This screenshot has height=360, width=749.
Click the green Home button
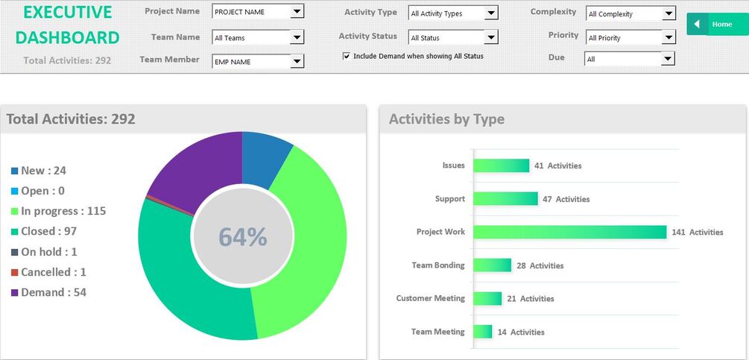tap(716, 25)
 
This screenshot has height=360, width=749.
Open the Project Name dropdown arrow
tap(297, 12)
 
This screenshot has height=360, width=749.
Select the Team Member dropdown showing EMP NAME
tap(258, 62)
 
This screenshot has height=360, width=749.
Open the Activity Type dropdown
tap(453, 13)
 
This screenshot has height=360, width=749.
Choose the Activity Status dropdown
tap(453, 37)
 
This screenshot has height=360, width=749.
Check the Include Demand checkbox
tap(347, 56)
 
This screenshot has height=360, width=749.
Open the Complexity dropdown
tap(631, 13)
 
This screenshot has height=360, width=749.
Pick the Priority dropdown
tap(631, 37)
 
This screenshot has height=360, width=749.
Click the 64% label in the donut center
tap(242, 236)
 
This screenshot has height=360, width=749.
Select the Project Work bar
tap(569, 232)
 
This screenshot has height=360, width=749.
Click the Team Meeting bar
tap(483, 332)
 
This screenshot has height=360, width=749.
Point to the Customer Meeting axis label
tap(430, 298)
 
